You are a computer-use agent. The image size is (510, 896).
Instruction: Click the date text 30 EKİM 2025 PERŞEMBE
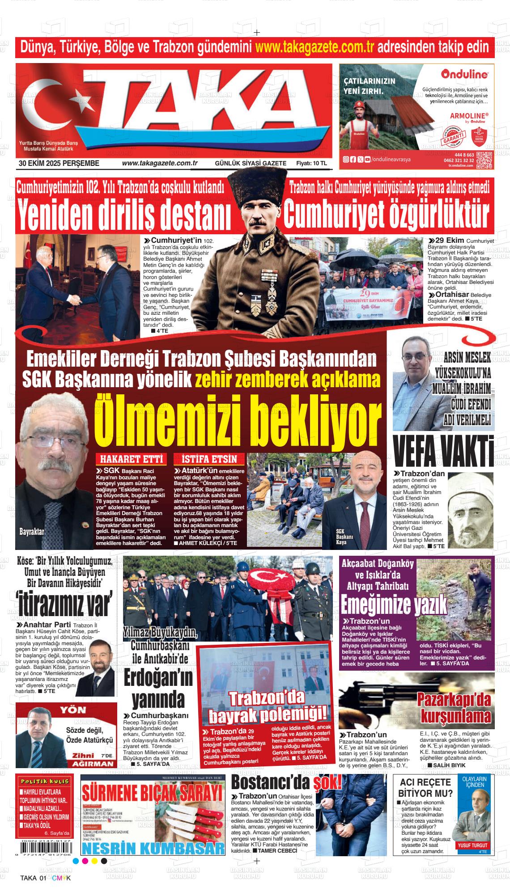coord(59,164)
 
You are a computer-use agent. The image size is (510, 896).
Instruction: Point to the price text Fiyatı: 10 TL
coord(311,164)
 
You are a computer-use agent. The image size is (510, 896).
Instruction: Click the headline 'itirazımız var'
coord(64,604)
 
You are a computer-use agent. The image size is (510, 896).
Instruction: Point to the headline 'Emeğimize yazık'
coord(394,604)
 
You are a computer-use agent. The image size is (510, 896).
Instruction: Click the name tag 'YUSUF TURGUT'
coord(472,833)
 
